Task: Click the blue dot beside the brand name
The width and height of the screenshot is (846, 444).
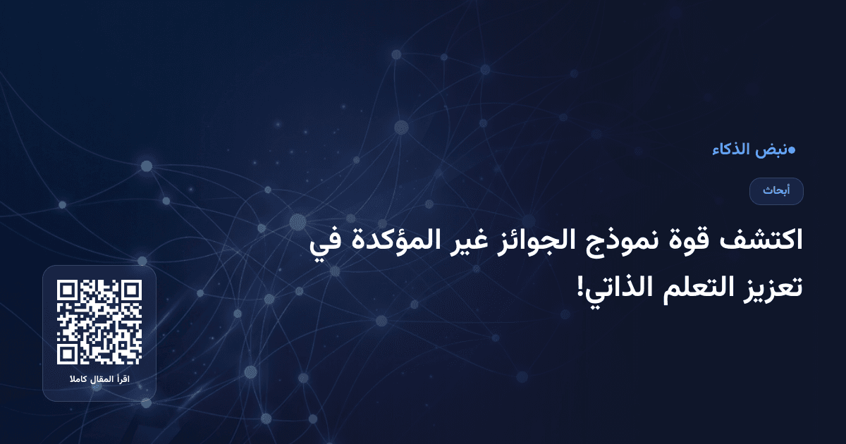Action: pyautogui.click(x=792, y=149)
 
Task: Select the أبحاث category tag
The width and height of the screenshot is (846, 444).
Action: pyautogui.click(x=776, y=191)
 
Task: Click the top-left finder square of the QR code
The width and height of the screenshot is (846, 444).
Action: pyautogui.click(x=68, y=291)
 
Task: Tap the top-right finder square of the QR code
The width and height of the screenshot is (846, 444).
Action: pyautogui.click(x=131, y=291)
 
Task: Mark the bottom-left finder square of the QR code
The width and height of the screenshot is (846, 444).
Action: pyautogui.click(x=68, y=354)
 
